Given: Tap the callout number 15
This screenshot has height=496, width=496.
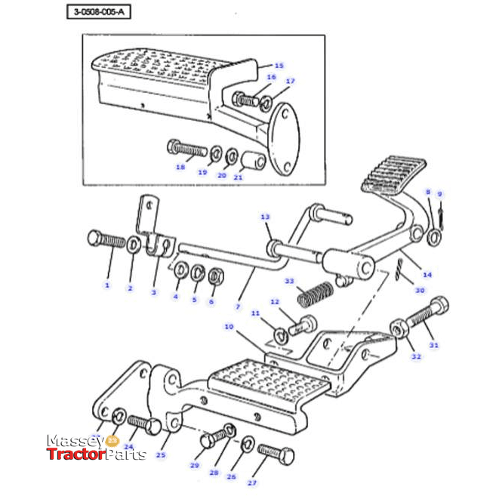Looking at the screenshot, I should [279, 66].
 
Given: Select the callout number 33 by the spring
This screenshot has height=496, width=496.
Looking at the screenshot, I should [288, 282].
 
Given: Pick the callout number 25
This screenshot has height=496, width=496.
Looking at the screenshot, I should [161, 455].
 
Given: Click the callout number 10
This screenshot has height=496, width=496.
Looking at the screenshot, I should [229, 327].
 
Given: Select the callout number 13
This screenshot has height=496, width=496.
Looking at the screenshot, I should [265, 217].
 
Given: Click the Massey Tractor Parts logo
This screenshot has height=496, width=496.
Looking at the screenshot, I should [96, 448].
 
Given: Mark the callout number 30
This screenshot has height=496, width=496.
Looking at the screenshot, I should [421, 291].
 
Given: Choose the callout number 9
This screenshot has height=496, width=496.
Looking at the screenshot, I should [440, 193].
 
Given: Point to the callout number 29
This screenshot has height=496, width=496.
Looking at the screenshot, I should [194, 466].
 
